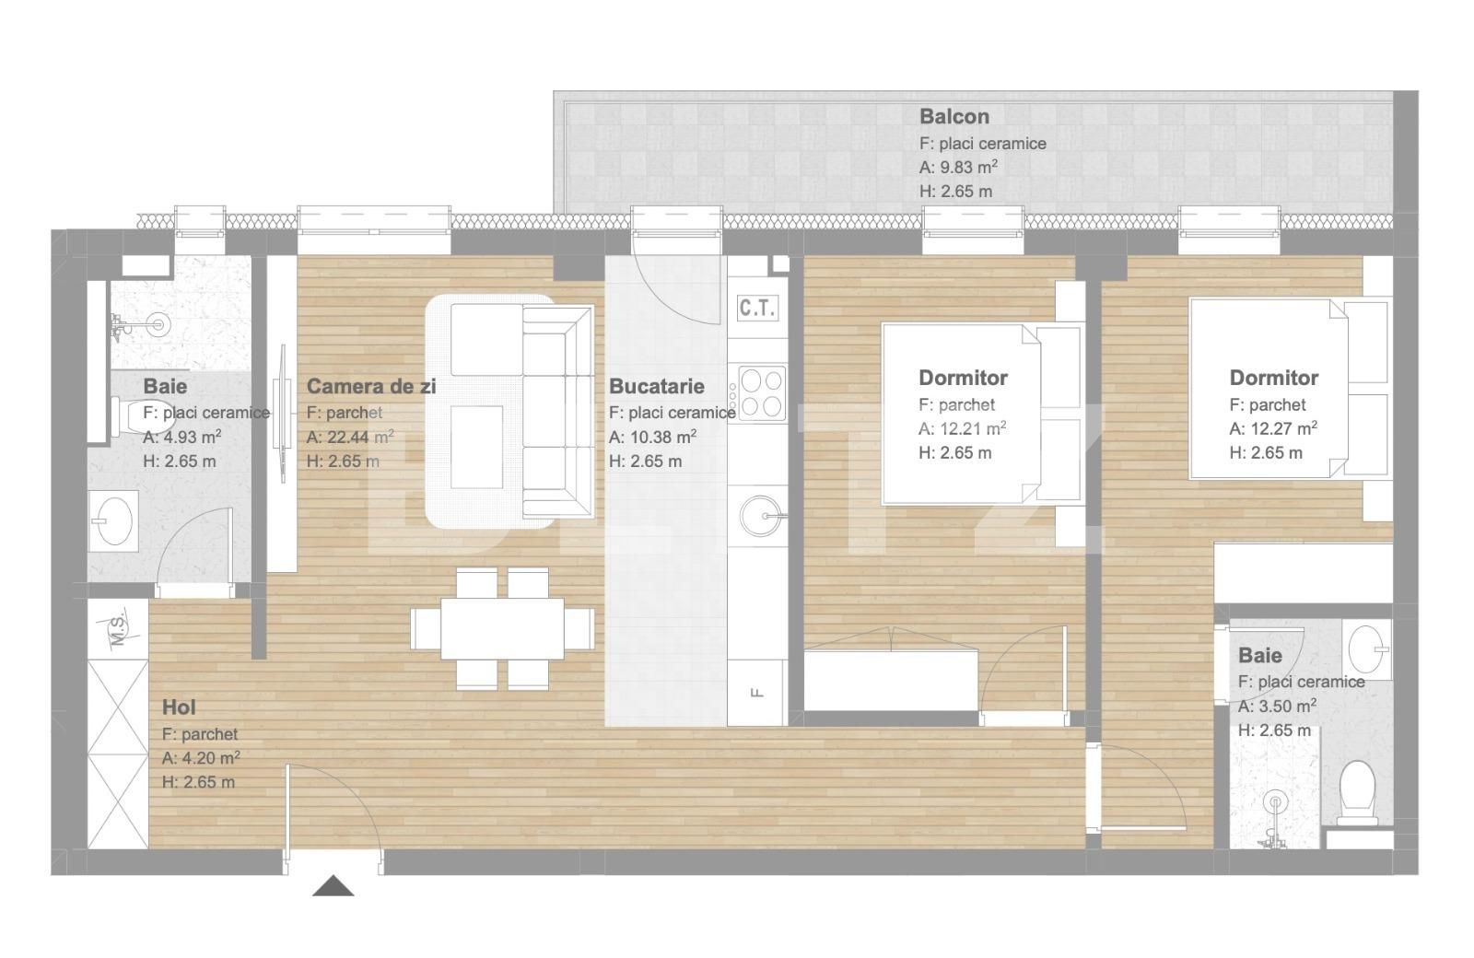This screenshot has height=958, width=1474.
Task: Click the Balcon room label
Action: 953,117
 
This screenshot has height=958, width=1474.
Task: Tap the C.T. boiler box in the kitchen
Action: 757,308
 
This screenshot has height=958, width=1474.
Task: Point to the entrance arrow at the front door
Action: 333,886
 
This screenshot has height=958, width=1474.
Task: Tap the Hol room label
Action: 179,707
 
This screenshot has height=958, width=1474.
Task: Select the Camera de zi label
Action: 370,387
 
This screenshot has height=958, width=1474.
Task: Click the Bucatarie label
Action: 656,387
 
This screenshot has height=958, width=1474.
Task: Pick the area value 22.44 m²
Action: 350,438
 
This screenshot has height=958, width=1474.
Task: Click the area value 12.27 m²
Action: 1272,428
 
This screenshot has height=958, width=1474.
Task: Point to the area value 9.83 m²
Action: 958,168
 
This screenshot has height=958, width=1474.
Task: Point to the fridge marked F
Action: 757,693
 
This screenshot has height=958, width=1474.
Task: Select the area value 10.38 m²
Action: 652,438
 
